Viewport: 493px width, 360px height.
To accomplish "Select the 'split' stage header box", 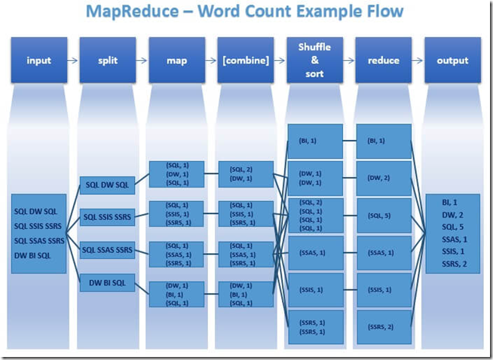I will click(107, 60).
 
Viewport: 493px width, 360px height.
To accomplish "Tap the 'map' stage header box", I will click(176, 60).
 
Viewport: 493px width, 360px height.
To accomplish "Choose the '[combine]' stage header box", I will click(246, 60).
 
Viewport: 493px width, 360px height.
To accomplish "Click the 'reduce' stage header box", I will click(384, 60).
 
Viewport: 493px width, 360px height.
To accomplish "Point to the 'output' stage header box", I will click(453, 60).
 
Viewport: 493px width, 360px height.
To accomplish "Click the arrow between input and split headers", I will click(72, 60).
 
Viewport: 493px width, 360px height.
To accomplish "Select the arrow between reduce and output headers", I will click(418, 60).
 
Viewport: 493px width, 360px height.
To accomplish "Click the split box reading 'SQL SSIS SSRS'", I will click(107, 217).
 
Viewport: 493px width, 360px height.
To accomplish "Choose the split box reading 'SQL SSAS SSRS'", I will click(107, 250).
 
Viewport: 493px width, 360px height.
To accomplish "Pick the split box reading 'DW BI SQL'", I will click(107, 282).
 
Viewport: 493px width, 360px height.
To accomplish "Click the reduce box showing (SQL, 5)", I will click(384, 215).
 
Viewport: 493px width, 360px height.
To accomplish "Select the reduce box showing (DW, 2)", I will click(384, 178).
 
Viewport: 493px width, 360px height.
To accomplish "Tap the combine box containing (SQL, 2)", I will click(246, 174).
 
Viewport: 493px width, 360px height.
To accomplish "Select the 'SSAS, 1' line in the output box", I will click(453, 239).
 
